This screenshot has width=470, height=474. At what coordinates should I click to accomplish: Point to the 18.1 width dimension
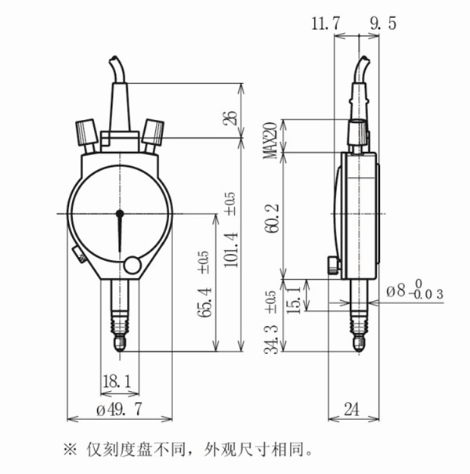tap(117, 381)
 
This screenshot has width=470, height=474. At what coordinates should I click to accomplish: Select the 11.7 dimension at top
tap(325, 24)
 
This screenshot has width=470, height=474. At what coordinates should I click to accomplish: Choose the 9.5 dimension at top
tap(382, 24)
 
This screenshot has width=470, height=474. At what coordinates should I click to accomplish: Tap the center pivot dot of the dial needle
tap(120, 213)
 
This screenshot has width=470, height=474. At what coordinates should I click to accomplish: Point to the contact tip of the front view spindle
tap(120, 344)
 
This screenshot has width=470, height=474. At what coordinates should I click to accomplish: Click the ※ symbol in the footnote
tap(70, 450)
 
